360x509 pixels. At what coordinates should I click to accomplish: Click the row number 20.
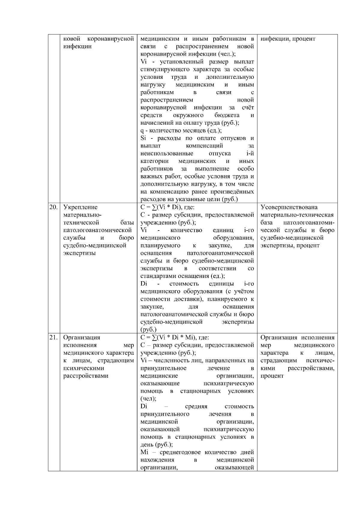pos(53,207)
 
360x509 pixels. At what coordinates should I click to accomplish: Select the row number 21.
pos(53,338)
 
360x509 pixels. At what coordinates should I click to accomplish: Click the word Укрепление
pos(80,207)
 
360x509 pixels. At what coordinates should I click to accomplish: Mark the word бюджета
pos(227,115)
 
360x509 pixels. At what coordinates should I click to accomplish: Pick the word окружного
pos(188,115)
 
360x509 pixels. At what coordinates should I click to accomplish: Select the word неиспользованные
pos(167,153)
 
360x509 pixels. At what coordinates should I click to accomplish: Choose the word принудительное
pos(163,368)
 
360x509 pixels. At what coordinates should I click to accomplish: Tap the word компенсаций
pos(204,146)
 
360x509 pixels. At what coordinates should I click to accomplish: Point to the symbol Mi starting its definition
pos(144,452)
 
